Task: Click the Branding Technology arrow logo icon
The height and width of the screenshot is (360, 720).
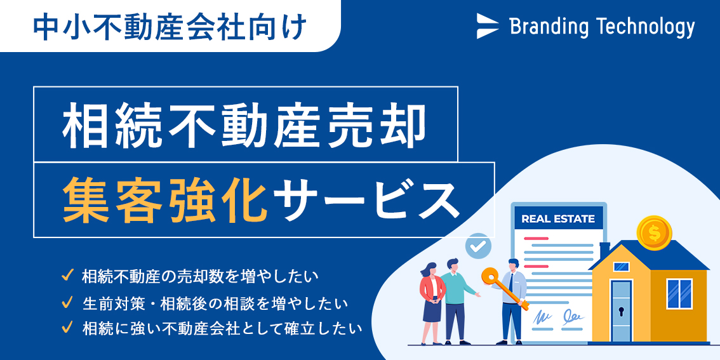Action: click(487, 25)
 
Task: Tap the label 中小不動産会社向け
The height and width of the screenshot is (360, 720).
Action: click(170, 27)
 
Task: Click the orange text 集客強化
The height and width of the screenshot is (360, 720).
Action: click(165, 201)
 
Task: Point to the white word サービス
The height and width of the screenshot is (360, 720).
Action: click(366, 201)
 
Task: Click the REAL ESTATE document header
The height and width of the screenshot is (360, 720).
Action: click(558, 218)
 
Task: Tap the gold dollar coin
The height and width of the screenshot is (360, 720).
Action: click(654, 233)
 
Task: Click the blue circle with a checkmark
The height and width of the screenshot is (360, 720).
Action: click(478, 246)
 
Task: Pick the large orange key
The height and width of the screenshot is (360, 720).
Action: click(503, 288)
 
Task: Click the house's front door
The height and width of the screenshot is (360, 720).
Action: click(622, 310)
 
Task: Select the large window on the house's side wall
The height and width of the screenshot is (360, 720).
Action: click(679, 294)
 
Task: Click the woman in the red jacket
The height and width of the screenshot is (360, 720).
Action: click(432, 303)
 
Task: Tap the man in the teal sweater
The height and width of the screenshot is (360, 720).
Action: click(457, 301)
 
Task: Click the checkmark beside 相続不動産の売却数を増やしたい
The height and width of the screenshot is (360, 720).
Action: click(67, 276)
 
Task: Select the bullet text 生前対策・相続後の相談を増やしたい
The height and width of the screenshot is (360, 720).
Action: click(215, 303)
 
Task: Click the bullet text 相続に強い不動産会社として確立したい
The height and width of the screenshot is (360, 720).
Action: click(222, 328)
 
